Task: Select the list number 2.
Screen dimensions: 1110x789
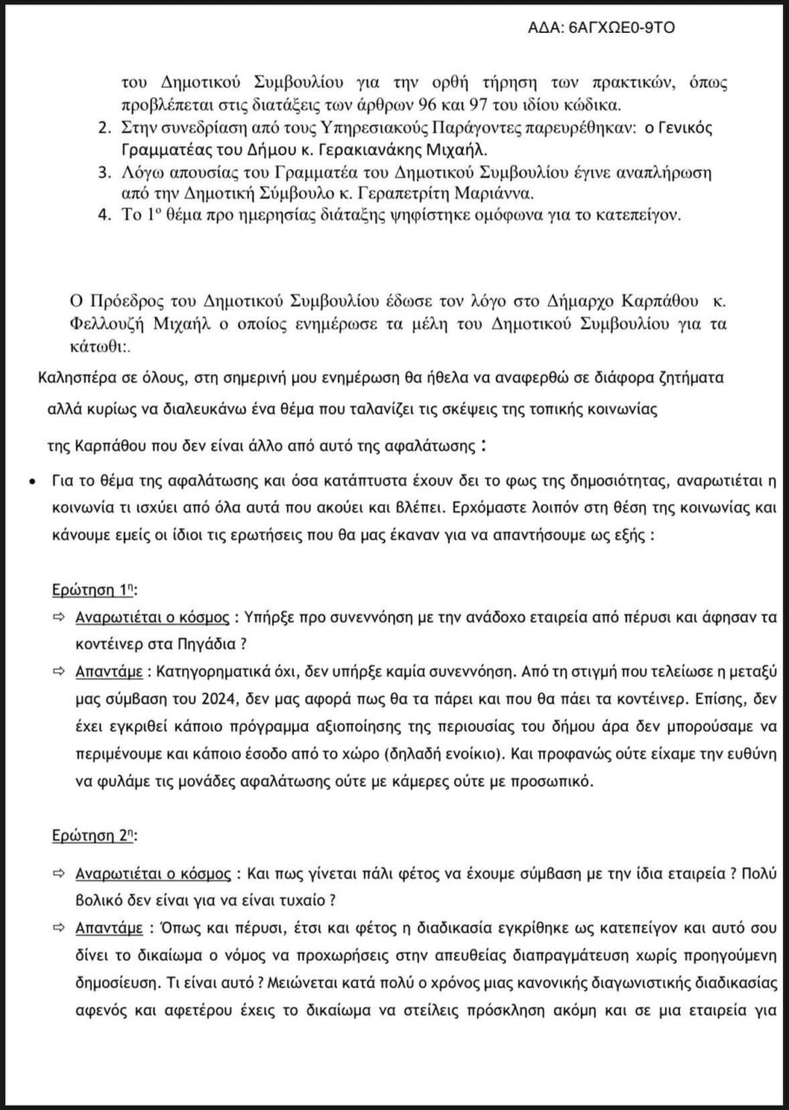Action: pyautogui.click(x=102, y=129)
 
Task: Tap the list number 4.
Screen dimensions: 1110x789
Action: pyautogui.click(x=102, y=216)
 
